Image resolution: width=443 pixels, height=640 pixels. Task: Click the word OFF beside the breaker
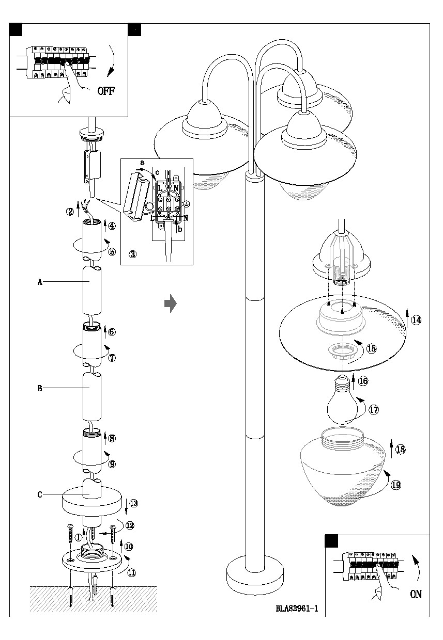pos(106,91)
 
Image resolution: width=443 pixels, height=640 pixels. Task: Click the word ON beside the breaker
pos(416,594)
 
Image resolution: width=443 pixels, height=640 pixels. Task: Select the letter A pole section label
pos(39,282)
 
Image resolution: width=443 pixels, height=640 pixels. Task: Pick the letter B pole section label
pos(39,389)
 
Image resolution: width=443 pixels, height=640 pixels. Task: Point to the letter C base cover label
pos(39,494)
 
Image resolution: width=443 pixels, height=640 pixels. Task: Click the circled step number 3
pos(133,254)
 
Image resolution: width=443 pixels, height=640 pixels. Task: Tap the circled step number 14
pos(416,320)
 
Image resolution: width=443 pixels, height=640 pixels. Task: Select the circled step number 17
pos(374,410)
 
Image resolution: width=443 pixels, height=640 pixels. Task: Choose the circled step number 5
pos(112,252)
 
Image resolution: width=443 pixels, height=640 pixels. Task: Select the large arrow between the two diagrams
pos(170,304)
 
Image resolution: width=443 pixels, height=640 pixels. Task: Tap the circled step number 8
pos(112,439)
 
